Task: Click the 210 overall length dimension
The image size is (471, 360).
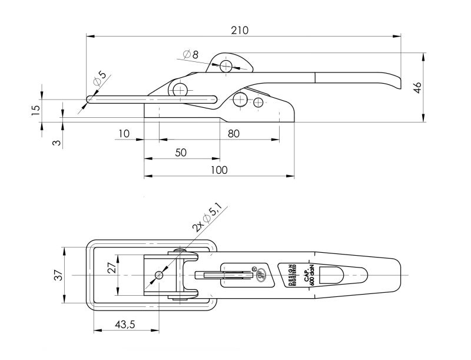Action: point(240,30)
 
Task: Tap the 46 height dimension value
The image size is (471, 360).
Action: point(417,88)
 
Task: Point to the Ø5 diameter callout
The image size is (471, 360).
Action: point(99,78)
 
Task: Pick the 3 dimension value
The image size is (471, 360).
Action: point(57,143)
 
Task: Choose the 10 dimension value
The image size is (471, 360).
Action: point(123,134)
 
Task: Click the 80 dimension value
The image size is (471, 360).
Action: point(233,134)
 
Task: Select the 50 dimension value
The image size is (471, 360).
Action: point(181,153)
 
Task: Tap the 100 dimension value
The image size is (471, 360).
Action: point(218,170)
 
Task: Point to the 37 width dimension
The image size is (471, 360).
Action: point(57,275)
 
